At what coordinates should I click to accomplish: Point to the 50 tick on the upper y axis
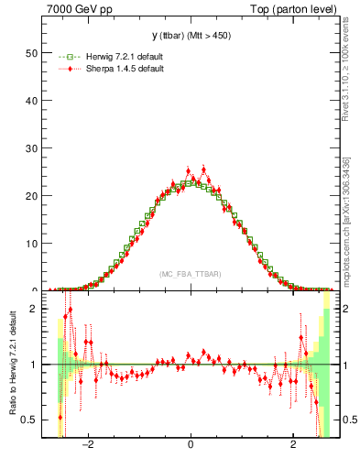tap(31, 53)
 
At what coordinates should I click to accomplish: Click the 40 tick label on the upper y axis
tap(31, 101)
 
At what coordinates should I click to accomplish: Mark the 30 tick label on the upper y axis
tap(31, 148)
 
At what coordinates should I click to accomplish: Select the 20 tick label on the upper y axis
tap(31, 196)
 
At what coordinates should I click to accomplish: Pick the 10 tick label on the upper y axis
tap(31, 244)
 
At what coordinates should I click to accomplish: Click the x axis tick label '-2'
tap(88, 446)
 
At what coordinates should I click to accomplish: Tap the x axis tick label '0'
tap(191, 446)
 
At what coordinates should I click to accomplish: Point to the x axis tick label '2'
tap(292, 446)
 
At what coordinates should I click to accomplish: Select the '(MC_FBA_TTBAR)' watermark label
tap(190, 275)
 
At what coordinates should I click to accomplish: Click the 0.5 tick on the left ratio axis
tap(29, 420)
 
